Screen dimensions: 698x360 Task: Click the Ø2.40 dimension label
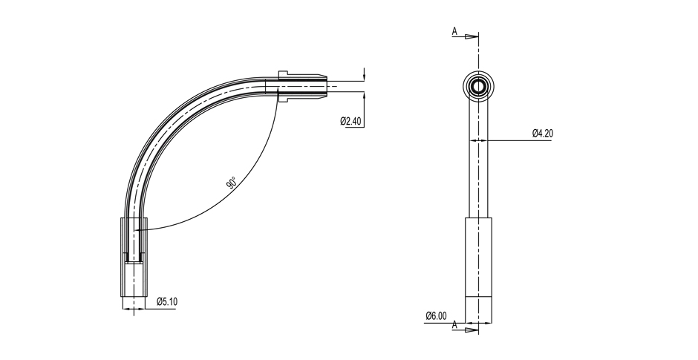(350, 120)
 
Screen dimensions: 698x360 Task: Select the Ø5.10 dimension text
(167, 301)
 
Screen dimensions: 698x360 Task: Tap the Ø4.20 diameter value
(543, 133)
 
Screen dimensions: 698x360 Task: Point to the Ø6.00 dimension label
(436, 315)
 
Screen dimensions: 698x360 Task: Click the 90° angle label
(231, 183)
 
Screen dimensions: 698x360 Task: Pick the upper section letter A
(454, 31)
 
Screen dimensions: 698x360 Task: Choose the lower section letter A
(454, 325)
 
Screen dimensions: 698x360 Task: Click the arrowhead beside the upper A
(472, 36)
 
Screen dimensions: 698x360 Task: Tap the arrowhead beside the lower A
(472, 330)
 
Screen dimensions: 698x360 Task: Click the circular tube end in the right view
(478, 86)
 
